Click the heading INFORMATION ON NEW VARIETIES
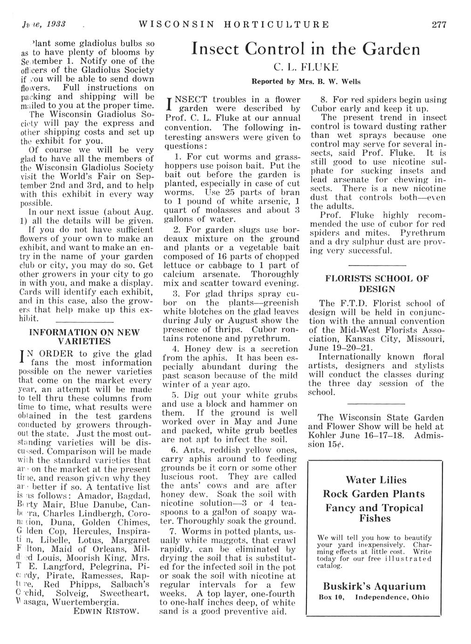coord(84,336)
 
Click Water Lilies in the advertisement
coord(376,480)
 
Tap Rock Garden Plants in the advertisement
coord(374,494)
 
